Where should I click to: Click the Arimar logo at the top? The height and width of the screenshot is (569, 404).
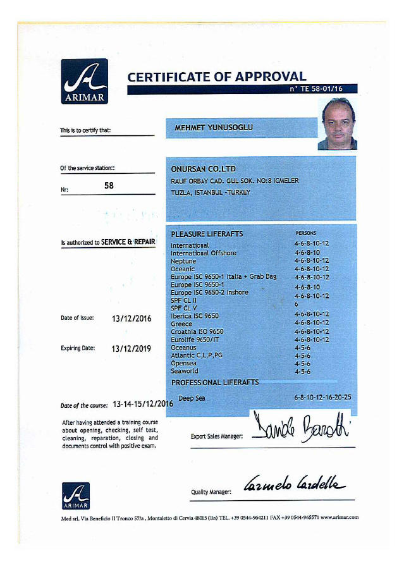pyautogui.click(x=84, y=81)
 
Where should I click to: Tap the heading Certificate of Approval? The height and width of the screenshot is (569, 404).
pyautogui.click(x=216, y=77)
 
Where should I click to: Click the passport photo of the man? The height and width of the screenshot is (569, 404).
pyautogui.click(x=338, y=124)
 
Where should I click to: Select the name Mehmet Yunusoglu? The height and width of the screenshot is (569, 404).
pyautogui.click(x=213, y=128)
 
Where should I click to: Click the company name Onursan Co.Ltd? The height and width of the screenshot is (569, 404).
pyautogui.click(x=203, y=169)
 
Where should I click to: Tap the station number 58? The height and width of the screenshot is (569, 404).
pyautogui.click(x=109, y=187)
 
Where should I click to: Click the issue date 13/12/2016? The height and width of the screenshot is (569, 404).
pyautogui.click(x=132, y=319)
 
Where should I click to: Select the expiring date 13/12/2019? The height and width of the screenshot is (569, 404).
pyautogui.click(x=132, y=348)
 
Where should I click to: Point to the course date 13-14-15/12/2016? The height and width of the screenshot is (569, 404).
pyautogui.click(x=143, y=404)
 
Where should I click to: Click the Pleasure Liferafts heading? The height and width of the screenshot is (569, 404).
pyautogui.click(x=207, y=235)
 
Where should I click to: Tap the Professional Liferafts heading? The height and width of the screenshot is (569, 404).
pyautogui.click(x=215, y=382)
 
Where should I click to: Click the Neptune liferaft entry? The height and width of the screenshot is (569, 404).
pyautogui.click(x=183, y=261)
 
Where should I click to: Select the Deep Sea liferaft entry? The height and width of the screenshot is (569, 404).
pyautogui.click(x=192, y=398)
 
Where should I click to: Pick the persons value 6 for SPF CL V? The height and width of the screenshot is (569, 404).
pyautogui.click(x=296, y=304)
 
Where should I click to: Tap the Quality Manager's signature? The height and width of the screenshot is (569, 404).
pyautogui.click(x=294, y=485)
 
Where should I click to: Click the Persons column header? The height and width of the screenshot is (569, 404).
pyautogui.click(x=306, y=233)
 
